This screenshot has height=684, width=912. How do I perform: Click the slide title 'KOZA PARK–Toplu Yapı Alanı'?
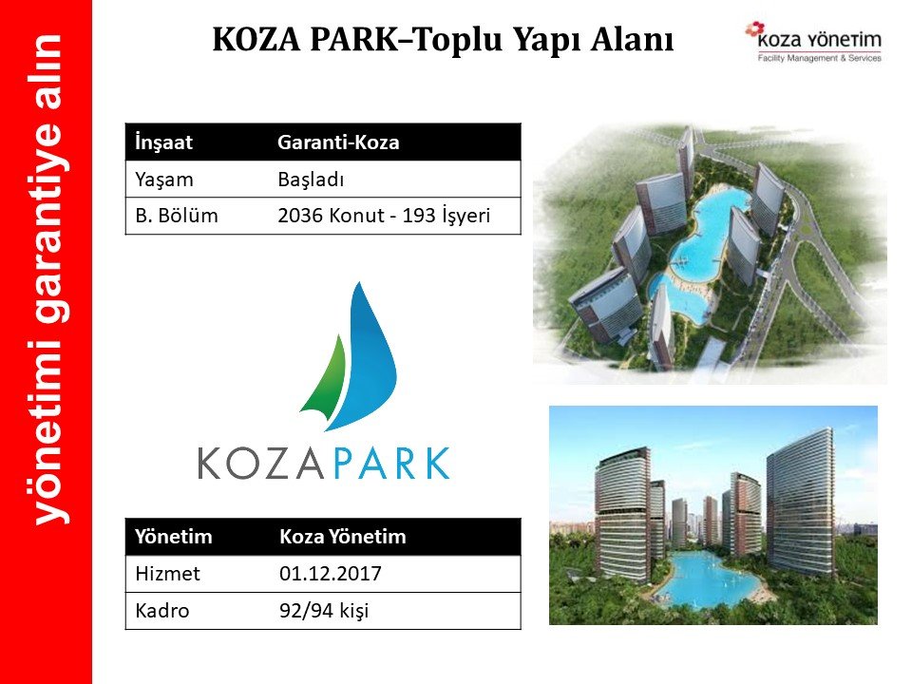(x=444, y=40)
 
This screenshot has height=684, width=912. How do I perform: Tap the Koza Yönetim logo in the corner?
(x=814, y=42)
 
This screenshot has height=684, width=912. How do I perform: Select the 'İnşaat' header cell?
(x=163, y=142)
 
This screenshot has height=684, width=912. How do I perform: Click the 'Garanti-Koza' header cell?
(x=338, y=142)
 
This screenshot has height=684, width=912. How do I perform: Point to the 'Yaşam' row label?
(x=164, y=180)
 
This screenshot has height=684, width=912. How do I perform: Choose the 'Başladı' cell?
(x=311, y=180)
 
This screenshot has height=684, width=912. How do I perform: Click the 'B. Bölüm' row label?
(x=177, y=216)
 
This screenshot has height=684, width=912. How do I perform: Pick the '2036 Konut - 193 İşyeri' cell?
(x=384, y=216)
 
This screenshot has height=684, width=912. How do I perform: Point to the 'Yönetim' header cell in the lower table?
(x=173, y=536)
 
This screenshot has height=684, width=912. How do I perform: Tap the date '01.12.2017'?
(x=331, y=574)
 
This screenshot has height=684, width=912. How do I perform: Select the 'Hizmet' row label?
(x=167, y=574)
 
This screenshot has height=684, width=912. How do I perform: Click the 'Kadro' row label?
(x=162, y=611)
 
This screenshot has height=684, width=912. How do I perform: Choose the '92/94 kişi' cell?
(x=324, y=611)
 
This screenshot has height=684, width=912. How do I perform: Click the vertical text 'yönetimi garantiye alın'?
(x=48, y=279)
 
